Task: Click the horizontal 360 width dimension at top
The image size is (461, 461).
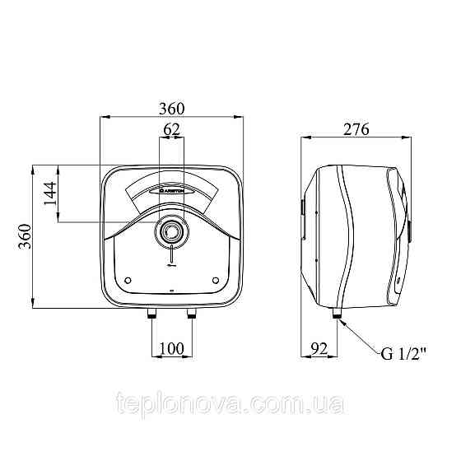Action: point(172,109)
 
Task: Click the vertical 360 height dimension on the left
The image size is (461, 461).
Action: point(25,236)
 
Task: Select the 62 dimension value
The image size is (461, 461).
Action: point(171,129)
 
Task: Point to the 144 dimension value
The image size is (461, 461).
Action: point(49,193)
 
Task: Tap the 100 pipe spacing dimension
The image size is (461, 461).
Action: point(172,348)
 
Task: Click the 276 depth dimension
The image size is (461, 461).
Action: point(356,129)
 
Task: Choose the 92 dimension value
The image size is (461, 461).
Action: point(319,349)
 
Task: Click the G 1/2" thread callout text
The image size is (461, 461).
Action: point(403,354)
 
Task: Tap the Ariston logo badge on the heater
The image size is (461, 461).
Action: point(171,191)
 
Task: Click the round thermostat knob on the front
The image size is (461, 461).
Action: point(171,231)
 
